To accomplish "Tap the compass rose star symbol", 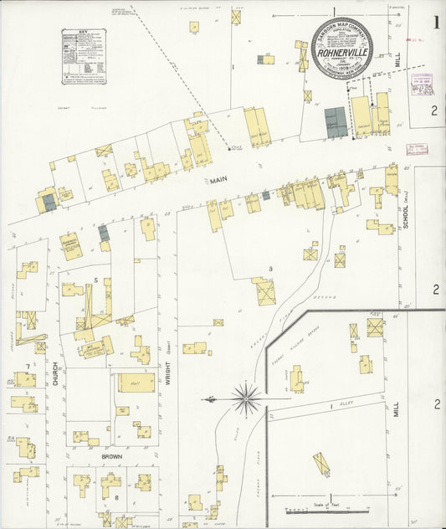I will point(247,398).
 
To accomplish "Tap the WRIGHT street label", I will point(168,368).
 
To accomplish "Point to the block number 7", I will point(28,367).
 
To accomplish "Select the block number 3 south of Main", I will point(269,268).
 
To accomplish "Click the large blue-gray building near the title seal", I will point(336,122).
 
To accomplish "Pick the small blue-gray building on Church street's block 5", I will point(104,233).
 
